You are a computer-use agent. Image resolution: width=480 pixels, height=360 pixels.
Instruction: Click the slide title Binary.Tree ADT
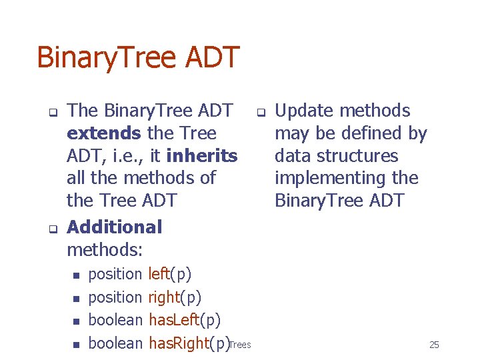[137, 57]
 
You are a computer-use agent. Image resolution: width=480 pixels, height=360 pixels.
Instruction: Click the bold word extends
[103, 133]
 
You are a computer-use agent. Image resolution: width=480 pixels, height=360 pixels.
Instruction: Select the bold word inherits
[201, 156]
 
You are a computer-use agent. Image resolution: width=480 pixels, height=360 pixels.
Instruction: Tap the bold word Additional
[114, 227]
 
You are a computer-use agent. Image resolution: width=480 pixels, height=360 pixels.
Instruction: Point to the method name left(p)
[170, 274]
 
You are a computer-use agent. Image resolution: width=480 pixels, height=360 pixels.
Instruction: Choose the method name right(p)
[175, 297]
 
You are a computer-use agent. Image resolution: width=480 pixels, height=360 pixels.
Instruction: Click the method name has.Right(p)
[189, 343]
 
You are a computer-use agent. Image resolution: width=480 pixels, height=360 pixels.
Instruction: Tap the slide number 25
[434, 345]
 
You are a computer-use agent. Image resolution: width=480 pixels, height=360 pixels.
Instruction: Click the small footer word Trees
[240, 345]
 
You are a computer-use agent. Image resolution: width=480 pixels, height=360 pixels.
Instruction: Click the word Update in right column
[305, 111]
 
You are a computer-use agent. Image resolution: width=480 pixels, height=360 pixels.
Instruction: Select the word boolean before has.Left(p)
[115, 320]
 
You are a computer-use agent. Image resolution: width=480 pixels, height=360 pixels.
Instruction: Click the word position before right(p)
[115, 297]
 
